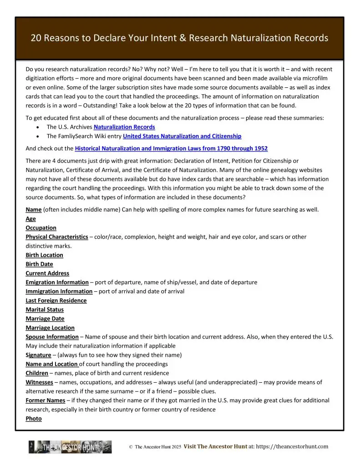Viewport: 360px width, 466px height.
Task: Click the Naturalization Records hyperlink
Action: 124,127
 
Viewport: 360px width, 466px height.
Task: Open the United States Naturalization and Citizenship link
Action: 182,136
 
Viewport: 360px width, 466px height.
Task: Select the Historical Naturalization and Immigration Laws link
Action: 171,148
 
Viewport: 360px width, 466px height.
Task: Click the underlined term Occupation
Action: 41,228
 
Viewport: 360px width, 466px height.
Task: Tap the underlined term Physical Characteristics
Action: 57,237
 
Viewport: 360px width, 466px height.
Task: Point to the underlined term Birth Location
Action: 44,255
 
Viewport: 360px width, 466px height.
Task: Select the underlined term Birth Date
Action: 39,264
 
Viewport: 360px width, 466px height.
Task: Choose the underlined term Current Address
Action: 47,273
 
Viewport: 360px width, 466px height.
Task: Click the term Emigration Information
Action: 57,282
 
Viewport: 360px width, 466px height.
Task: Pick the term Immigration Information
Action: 59,291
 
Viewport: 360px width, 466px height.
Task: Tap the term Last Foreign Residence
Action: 56,300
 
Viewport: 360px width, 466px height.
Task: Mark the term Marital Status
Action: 45,309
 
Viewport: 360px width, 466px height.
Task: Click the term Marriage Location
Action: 50,328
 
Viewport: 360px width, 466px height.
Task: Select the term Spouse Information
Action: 52,337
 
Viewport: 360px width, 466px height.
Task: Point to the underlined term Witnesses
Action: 39,382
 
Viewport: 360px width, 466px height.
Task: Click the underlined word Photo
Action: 34,419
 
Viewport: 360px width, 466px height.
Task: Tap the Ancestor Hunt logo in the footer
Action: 70,447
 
